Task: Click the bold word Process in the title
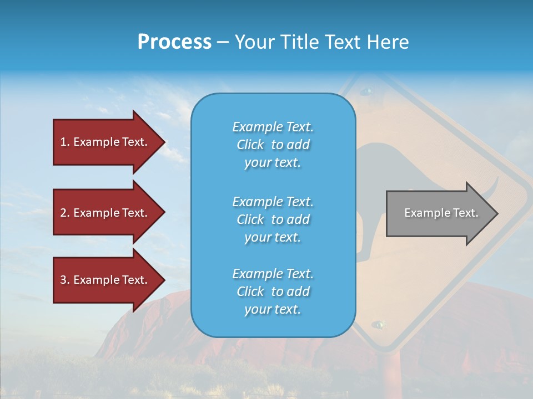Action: click(174, 42)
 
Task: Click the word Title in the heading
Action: click(300, 42)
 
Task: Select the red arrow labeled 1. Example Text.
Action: click(104, 142)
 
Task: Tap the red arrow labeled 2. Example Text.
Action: click(104, 213)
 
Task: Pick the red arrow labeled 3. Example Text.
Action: click(104, 280)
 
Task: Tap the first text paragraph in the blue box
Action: click(273, 145)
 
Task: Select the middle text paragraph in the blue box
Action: click(273, 219)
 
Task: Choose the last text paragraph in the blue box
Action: click(273, 291)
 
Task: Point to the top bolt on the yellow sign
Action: click(366, 90)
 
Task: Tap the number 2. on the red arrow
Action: click(65, 213)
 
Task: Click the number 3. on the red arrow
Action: click(65, 280)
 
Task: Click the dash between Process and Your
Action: click(223, 43)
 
